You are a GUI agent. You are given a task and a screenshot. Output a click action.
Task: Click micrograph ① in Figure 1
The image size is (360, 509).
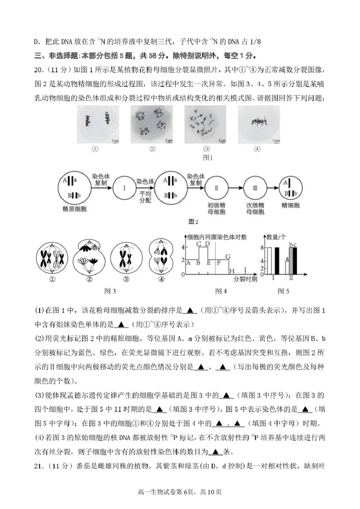[95, 125]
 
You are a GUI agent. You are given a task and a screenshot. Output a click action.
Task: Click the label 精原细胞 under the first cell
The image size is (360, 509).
[75, 209]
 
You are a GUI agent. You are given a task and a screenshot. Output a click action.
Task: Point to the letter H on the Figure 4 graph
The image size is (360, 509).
[232, 271]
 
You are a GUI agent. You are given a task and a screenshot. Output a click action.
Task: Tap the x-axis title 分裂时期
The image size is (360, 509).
[245, 279]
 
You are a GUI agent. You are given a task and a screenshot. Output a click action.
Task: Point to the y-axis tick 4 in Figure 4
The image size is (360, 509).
[183, 247]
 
